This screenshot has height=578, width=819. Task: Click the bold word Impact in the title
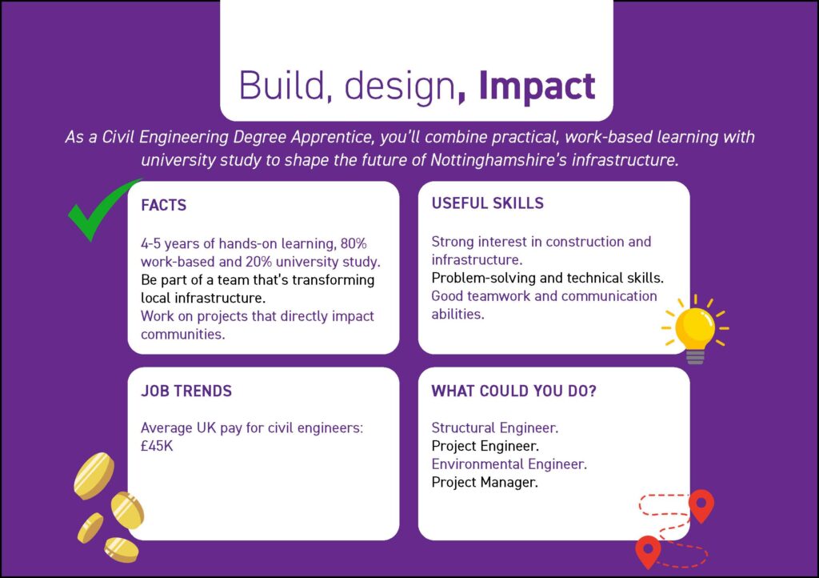537,86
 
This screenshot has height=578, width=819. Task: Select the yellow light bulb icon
695,329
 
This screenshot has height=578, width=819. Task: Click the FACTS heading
163,205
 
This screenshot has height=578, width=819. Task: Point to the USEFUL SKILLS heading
487,203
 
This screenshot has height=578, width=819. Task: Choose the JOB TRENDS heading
186,391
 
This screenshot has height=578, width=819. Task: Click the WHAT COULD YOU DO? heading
513,391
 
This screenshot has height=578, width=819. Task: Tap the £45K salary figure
157,446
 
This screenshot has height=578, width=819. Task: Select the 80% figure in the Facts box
354,243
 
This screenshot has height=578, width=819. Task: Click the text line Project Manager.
484,482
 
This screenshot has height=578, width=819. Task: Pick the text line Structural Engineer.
494,428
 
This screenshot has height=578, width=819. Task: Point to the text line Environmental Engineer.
509,464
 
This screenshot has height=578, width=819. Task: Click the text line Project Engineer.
485,446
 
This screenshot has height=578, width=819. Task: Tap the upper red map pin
701,504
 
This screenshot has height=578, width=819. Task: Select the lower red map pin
648,550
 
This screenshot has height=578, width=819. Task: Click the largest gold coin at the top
94,476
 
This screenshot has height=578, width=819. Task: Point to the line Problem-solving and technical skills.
547,278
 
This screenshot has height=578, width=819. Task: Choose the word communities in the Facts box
183,335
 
